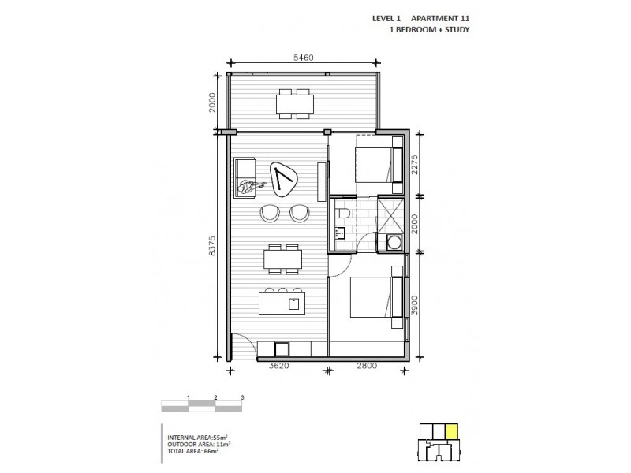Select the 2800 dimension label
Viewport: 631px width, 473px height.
point(368,367)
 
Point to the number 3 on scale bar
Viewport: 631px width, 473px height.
point(242,397)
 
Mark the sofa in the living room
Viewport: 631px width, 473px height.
point(245,178)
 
